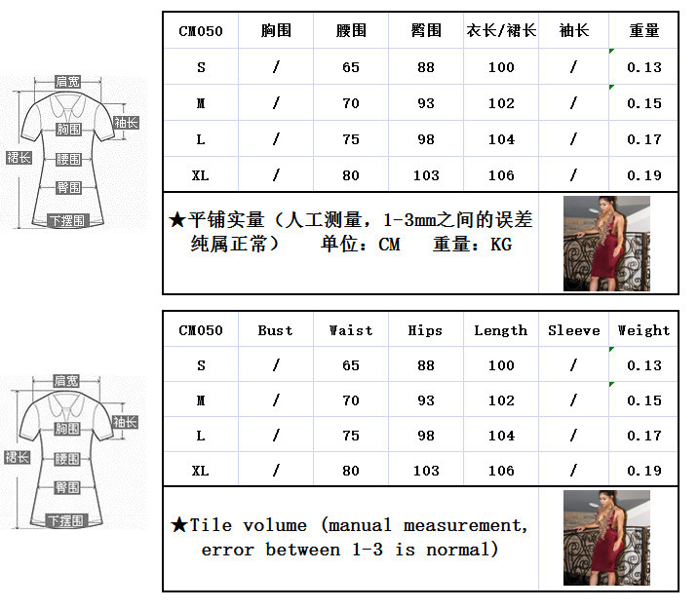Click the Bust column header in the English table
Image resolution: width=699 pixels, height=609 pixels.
coord(275,330)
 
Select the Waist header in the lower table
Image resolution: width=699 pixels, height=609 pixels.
coord(351,330)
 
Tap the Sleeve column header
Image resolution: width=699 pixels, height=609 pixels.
coord(574,330)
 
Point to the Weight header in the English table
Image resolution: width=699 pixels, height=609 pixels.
coord(643,330)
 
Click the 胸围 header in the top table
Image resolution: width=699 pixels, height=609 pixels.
coord(276,31)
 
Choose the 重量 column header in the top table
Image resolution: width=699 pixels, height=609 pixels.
coord(644,31)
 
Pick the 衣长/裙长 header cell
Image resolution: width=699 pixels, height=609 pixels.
coord(501,31)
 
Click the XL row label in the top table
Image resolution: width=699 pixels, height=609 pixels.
coord(201,175)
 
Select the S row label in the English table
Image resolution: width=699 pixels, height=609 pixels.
coord(201,365)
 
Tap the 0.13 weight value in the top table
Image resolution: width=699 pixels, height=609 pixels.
coord(644,67)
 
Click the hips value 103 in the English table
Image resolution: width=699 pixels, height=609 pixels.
coord(426,471)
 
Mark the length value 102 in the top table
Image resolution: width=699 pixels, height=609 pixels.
coord(501,103)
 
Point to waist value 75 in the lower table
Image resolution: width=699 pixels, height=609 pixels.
coord(351,436)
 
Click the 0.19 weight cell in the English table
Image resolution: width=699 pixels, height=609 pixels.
coord(644,471)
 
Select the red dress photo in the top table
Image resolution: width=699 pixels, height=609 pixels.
coord(606,244)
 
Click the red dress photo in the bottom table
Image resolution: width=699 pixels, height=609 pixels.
coord(606,538)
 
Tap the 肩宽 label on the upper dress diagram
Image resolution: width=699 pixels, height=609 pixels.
coord(68,82)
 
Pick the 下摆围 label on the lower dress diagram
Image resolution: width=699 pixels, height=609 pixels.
coord(65,520)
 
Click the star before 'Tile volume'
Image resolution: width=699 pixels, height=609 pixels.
coord(179,525)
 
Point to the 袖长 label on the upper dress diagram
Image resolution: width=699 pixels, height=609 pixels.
coord(126,123)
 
